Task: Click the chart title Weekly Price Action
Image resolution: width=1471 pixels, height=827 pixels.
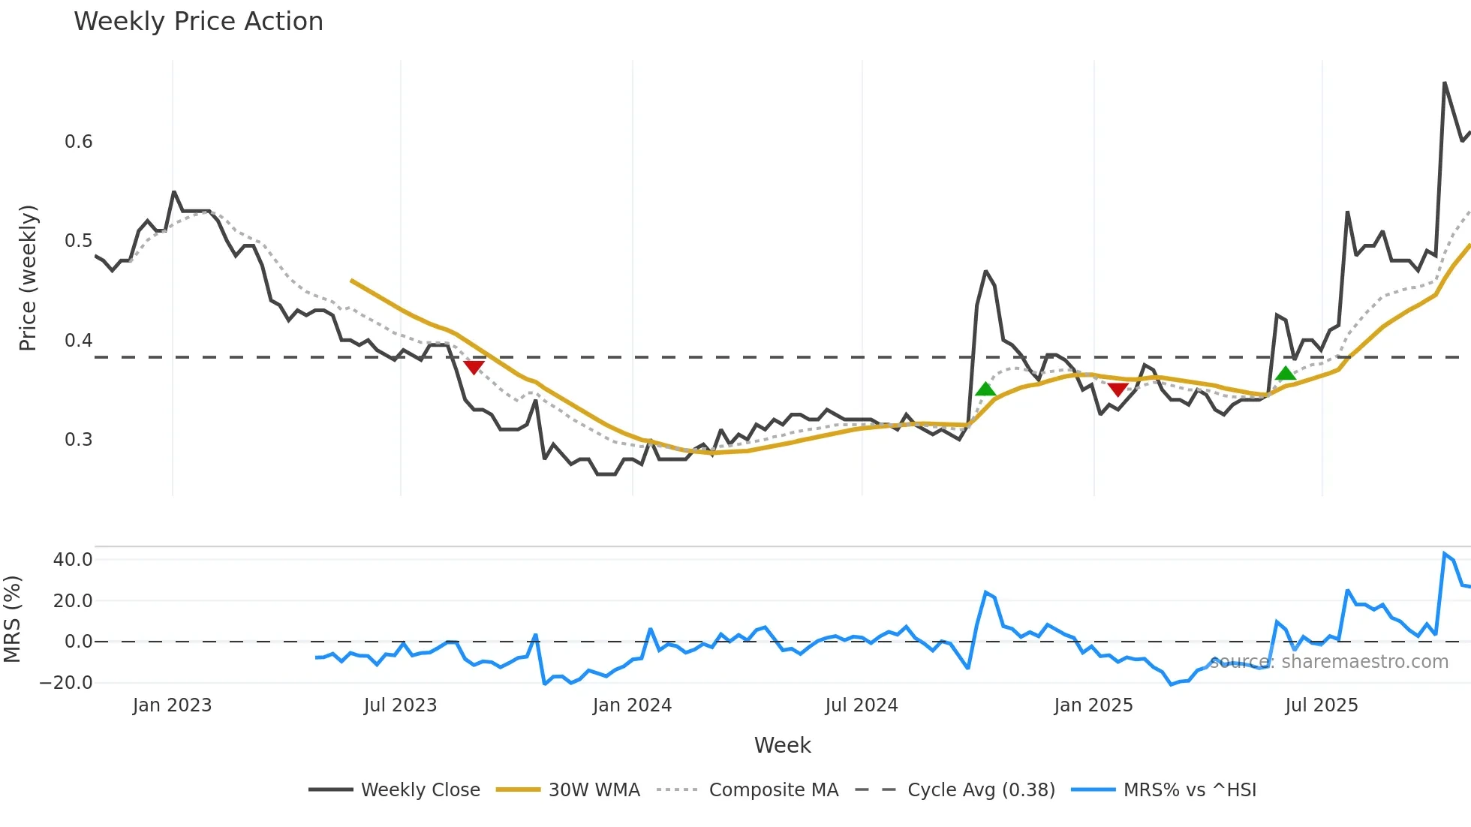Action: pyautogui.click(x=198, y=22)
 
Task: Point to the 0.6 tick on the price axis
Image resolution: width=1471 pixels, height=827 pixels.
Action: pyautogui.click(x=79, y=142)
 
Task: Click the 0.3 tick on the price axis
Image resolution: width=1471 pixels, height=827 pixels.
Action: pyautogui.click(x=79, y=440)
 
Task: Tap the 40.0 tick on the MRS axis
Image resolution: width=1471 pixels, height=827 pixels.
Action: pyautogui.click(x=73, y=560)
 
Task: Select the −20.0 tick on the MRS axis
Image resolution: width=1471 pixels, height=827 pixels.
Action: pyautogui.click(x=66, y=683)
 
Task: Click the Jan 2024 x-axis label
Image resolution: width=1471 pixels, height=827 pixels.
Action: pyautogui.click(x=632, y=705)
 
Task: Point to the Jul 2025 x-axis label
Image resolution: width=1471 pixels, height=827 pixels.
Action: pyautogui.click(x=1322, y=705)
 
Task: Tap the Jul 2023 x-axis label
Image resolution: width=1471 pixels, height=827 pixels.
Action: pyautogui.click(x=400, y=705)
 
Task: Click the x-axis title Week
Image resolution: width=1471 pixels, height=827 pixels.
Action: pyautogui.click(x=782, y=745)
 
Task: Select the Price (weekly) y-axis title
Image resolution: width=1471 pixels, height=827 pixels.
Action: pyautogui.click(x=28, y=278)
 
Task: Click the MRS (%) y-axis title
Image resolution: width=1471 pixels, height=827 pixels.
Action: pyautogui.click(x=12, y=619)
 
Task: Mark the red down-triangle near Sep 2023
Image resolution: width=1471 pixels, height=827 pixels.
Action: pyautogui.click(x=474, y=367)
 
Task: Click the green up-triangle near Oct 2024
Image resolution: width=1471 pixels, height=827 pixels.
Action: pyautogui.click(x=985, y=389)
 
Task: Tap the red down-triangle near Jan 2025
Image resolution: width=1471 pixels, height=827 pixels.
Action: pyautogui.click(x=1118, y=389)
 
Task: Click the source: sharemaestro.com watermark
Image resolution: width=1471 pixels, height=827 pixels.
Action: pyautogui.click(x=1329, y=662)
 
